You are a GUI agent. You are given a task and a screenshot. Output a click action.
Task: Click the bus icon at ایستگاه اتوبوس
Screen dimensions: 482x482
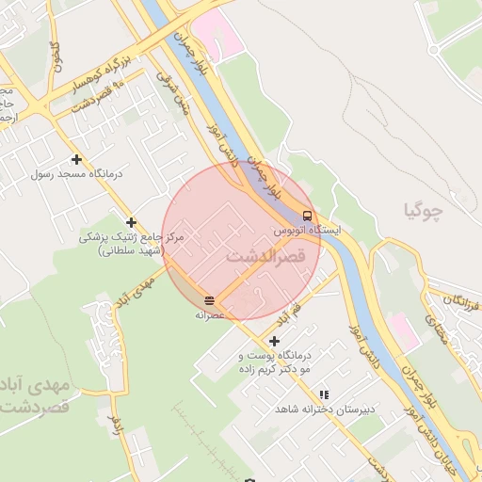pos(308,216)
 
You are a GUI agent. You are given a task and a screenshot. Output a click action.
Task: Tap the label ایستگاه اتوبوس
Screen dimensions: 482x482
pos(307,230)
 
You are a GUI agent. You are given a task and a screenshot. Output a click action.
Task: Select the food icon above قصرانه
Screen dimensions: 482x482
pos(208,301)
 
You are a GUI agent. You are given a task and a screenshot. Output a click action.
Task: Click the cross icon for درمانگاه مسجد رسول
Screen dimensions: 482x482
pos(76,159)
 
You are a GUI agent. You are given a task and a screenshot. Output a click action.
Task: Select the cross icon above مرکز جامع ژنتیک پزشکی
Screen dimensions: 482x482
pos(131,221)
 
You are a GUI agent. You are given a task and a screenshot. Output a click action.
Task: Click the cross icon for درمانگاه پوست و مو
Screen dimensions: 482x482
pos(274,341)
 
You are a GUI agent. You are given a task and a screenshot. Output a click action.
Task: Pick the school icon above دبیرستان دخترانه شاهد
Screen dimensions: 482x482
pos(325,395)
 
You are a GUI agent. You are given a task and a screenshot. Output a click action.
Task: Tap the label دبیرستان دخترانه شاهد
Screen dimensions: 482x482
pos(325,410)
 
